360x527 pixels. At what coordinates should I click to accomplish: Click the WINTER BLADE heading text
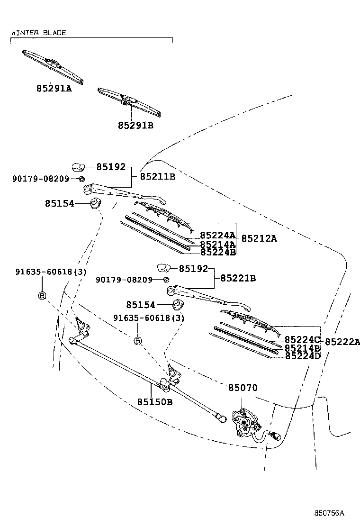click(x=38, y=33)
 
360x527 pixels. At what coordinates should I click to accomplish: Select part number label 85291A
click(x=54, y=88)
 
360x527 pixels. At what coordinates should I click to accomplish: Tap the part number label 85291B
click(x=135, y=126)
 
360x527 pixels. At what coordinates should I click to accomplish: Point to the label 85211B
click(x=158, y=177)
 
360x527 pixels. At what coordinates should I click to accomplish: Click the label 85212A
click(x=259, y=238)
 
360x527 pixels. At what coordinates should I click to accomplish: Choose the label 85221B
click(x=238, y=278)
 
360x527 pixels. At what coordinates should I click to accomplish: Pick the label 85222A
click(x=342, y=342)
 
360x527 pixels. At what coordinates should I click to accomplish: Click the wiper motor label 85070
click(x=243, y=388)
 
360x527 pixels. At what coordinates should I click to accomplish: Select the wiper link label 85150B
click(x=155, y=402)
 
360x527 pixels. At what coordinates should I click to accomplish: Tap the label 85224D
click(x=303, y=355)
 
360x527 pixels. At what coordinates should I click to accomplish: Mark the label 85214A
click(x=218, y=244)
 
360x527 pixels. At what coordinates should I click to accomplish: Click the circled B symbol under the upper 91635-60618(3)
click(x=42, y=296)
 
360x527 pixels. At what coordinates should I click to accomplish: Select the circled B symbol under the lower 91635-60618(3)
click(x=138, y=341)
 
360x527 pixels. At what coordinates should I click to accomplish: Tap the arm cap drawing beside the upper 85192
click(x=78, y=166)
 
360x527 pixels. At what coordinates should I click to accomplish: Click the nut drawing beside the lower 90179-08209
click(x=166, y=280)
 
